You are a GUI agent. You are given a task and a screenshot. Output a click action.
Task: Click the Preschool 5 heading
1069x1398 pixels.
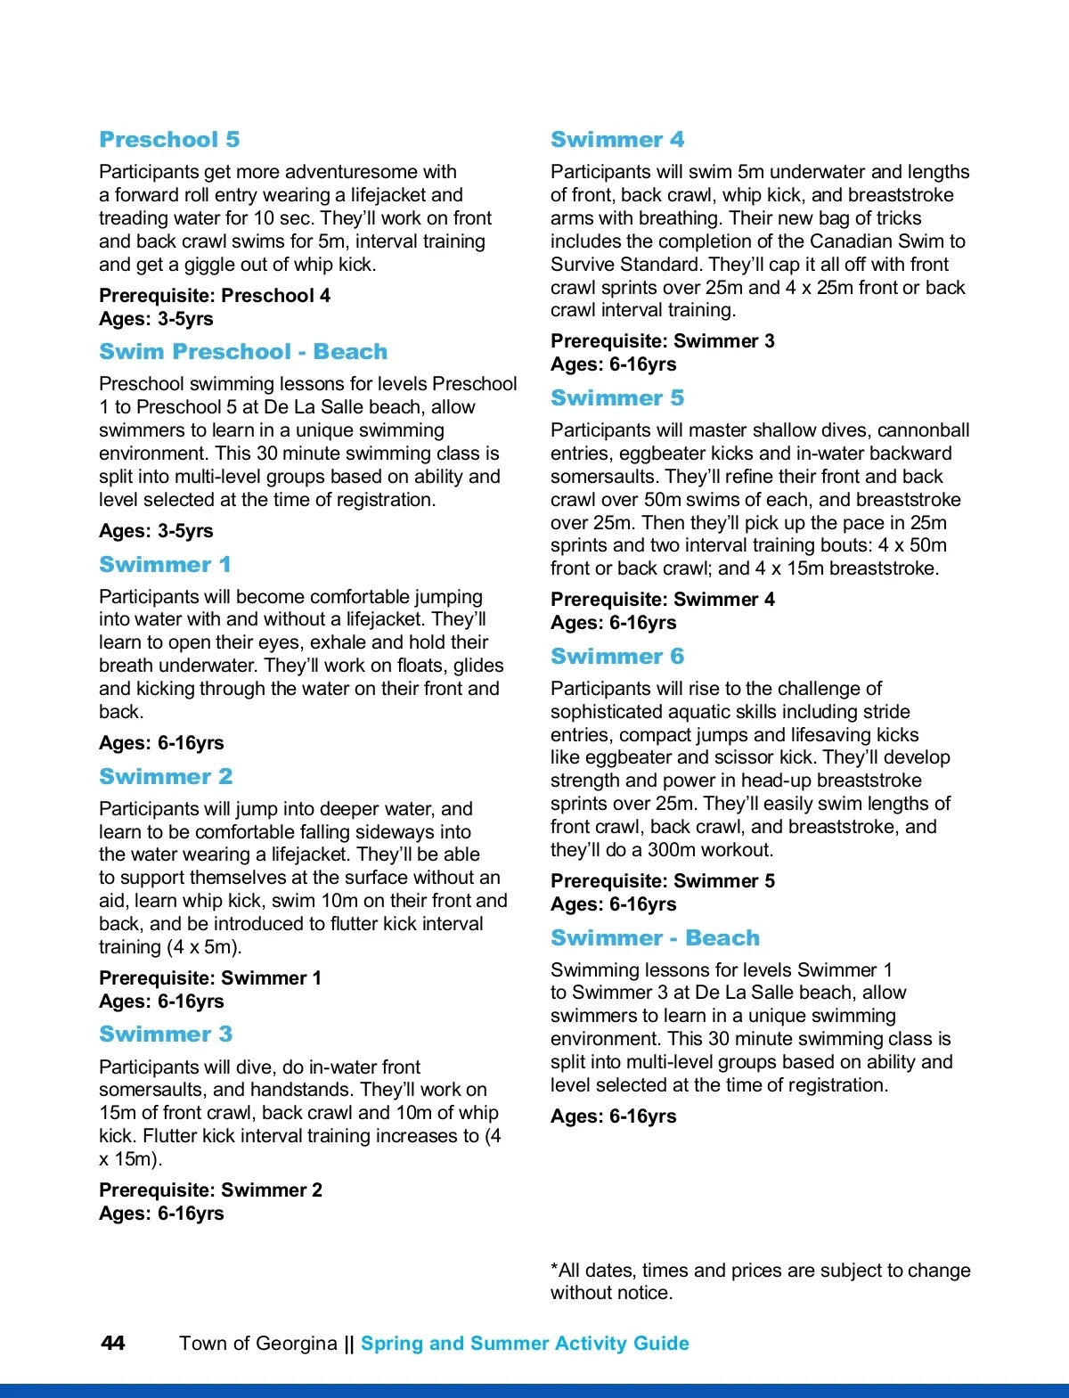click(169, 140)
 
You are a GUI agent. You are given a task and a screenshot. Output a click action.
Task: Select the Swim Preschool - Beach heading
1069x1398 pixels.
click(243, 352)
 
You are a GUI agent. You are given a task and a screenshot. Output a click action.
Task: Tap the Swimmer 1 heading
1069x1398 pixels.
click(165, 565)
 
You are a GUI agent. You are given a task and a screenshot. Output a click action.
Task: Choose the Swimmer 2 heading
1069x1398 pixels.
click(166, 777)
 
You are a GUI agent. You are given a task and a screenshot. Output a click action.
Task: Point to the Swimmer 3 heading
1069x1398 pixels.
click(166, 1034)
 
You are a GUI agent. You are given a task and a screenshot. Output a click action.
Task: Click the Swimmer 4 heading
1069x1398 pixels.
click(617, 140)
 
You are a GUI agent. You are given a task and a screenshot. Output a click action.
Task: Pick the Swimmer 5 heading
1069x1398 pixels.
click(617, 398)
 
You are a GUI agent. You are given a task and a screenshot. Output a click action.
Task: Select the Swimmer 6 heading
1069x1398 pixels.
click(617, 657)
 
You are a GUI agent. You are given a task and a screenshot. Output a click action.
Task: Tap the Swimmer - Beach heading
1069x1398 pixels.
click(655, 938)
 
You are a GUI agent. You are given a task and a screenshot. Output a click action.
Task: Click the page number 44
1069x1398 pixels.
click(113, 1343)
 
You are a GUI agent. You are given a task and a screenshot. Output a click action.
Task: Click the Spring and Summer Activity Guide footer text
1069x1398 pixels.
click(525, 1344)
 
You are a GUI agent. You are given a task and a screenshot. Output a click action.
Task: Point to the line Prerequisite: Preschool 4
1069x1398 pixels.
click(215, 296)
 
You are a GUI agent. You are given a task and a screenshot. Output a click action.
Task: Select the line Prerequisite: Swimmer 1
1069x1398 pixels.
click(210, 978)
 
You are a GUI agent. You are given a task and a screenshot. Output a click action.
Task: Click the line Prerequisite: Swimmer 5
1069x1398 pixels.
click(663, 881)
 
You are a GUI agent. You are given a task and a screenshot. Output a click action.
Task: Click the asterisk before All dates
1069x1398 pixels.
click(554, 1268)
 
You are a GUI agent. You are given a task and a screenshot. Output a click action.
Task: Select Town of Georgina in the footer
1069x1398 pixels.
click(258, 1344)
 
